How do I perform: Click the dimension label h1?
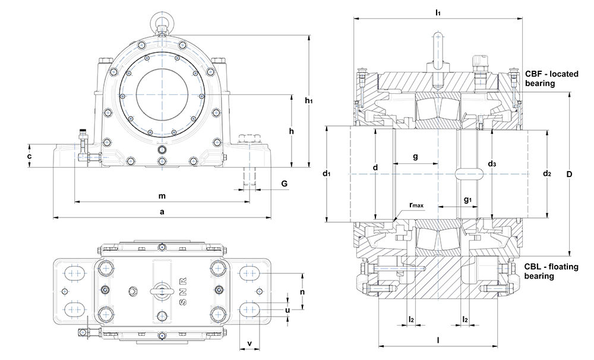point(309,100)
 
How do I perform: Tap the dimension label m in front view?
point(161,195)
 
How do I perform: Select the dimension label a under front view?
point(162,211)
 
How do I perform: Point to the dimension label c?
point(29,156)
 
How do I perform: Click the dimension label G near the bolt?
point(285,184)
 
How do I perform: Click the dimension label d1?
point(326,173)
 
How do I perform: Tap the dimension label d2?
point(547,173)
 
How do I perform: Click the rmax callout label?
point(415,206)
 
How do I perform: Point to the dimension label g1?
point(467,200)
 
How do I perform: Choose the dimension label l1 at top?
point(438,12)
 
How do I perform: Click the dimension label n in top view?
point(303,292)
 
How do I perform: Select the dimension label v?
point(249,343)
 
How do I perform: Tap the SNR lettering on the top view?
point(183,290)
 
